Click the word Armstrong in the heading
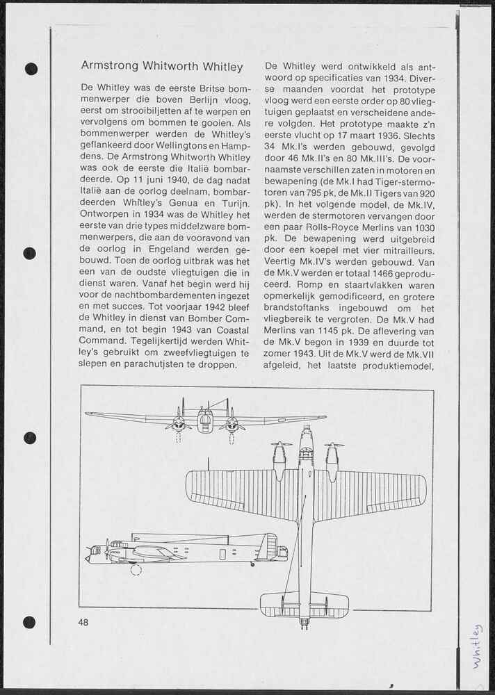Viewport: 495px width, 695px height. point(109,67)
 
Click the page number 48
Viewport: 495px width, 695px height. point(84,623)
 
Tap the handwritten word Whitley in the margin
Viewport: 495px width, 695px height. point(477,646)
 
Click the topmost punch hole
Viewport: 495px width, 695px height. point(31,69)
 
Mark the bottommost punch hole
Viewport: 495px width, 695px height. point(29,623)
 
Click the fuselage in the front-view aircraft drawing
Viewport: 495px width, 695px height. point(205,420)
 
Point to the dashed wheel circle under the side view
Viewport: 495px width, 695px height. point(136,570)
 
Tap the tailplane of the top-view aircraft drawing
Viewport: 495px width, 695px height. point(305,604)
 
